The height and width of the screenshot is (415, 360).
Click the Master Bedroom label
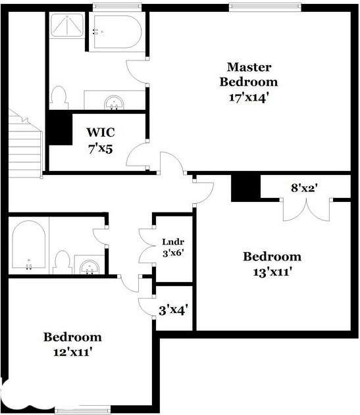tap(249, 74)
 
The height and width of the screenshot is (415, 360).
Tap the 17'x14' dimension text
tap(249, 97)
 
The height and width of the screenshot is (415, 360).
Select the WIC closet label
tap(100, 132)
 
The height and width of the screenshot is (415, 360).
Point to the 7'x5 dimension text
tap(100, 148)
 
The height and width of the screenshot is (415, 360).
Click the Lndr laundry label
tap(172, 241)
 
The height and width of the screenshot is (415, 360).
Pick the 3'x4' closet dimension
tap(174, 308)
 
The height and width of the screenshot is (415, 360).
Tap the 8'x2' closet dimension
tap(305, 187)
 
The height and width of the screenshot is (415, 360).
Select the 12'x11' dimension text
tap(72, 352)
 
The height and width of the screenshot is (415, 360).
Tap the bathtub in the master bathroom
tap(116, 31)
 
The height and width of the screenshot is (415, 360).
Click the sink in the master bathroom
tap(114, 102)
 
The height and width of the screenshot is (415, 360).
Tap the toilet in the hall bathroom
tap(63, 261)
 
